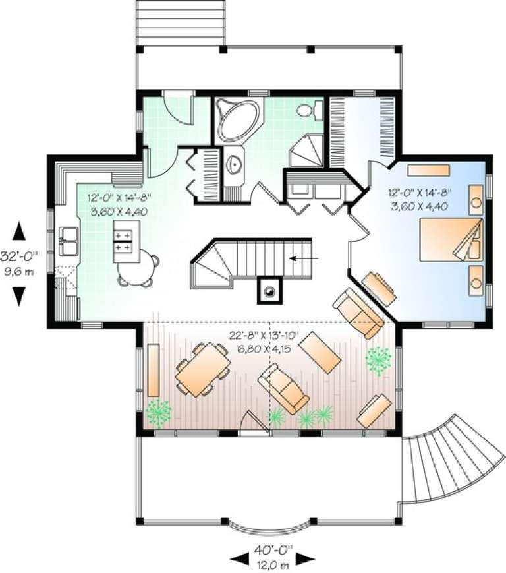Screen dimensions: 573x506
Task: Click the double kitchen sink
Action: [x=68, y=241]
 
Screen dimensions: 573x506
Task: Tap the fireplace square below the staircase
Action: [x=269, y=290]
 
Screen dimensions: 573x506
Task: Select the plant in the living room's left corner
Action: [x=159, y=413]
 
